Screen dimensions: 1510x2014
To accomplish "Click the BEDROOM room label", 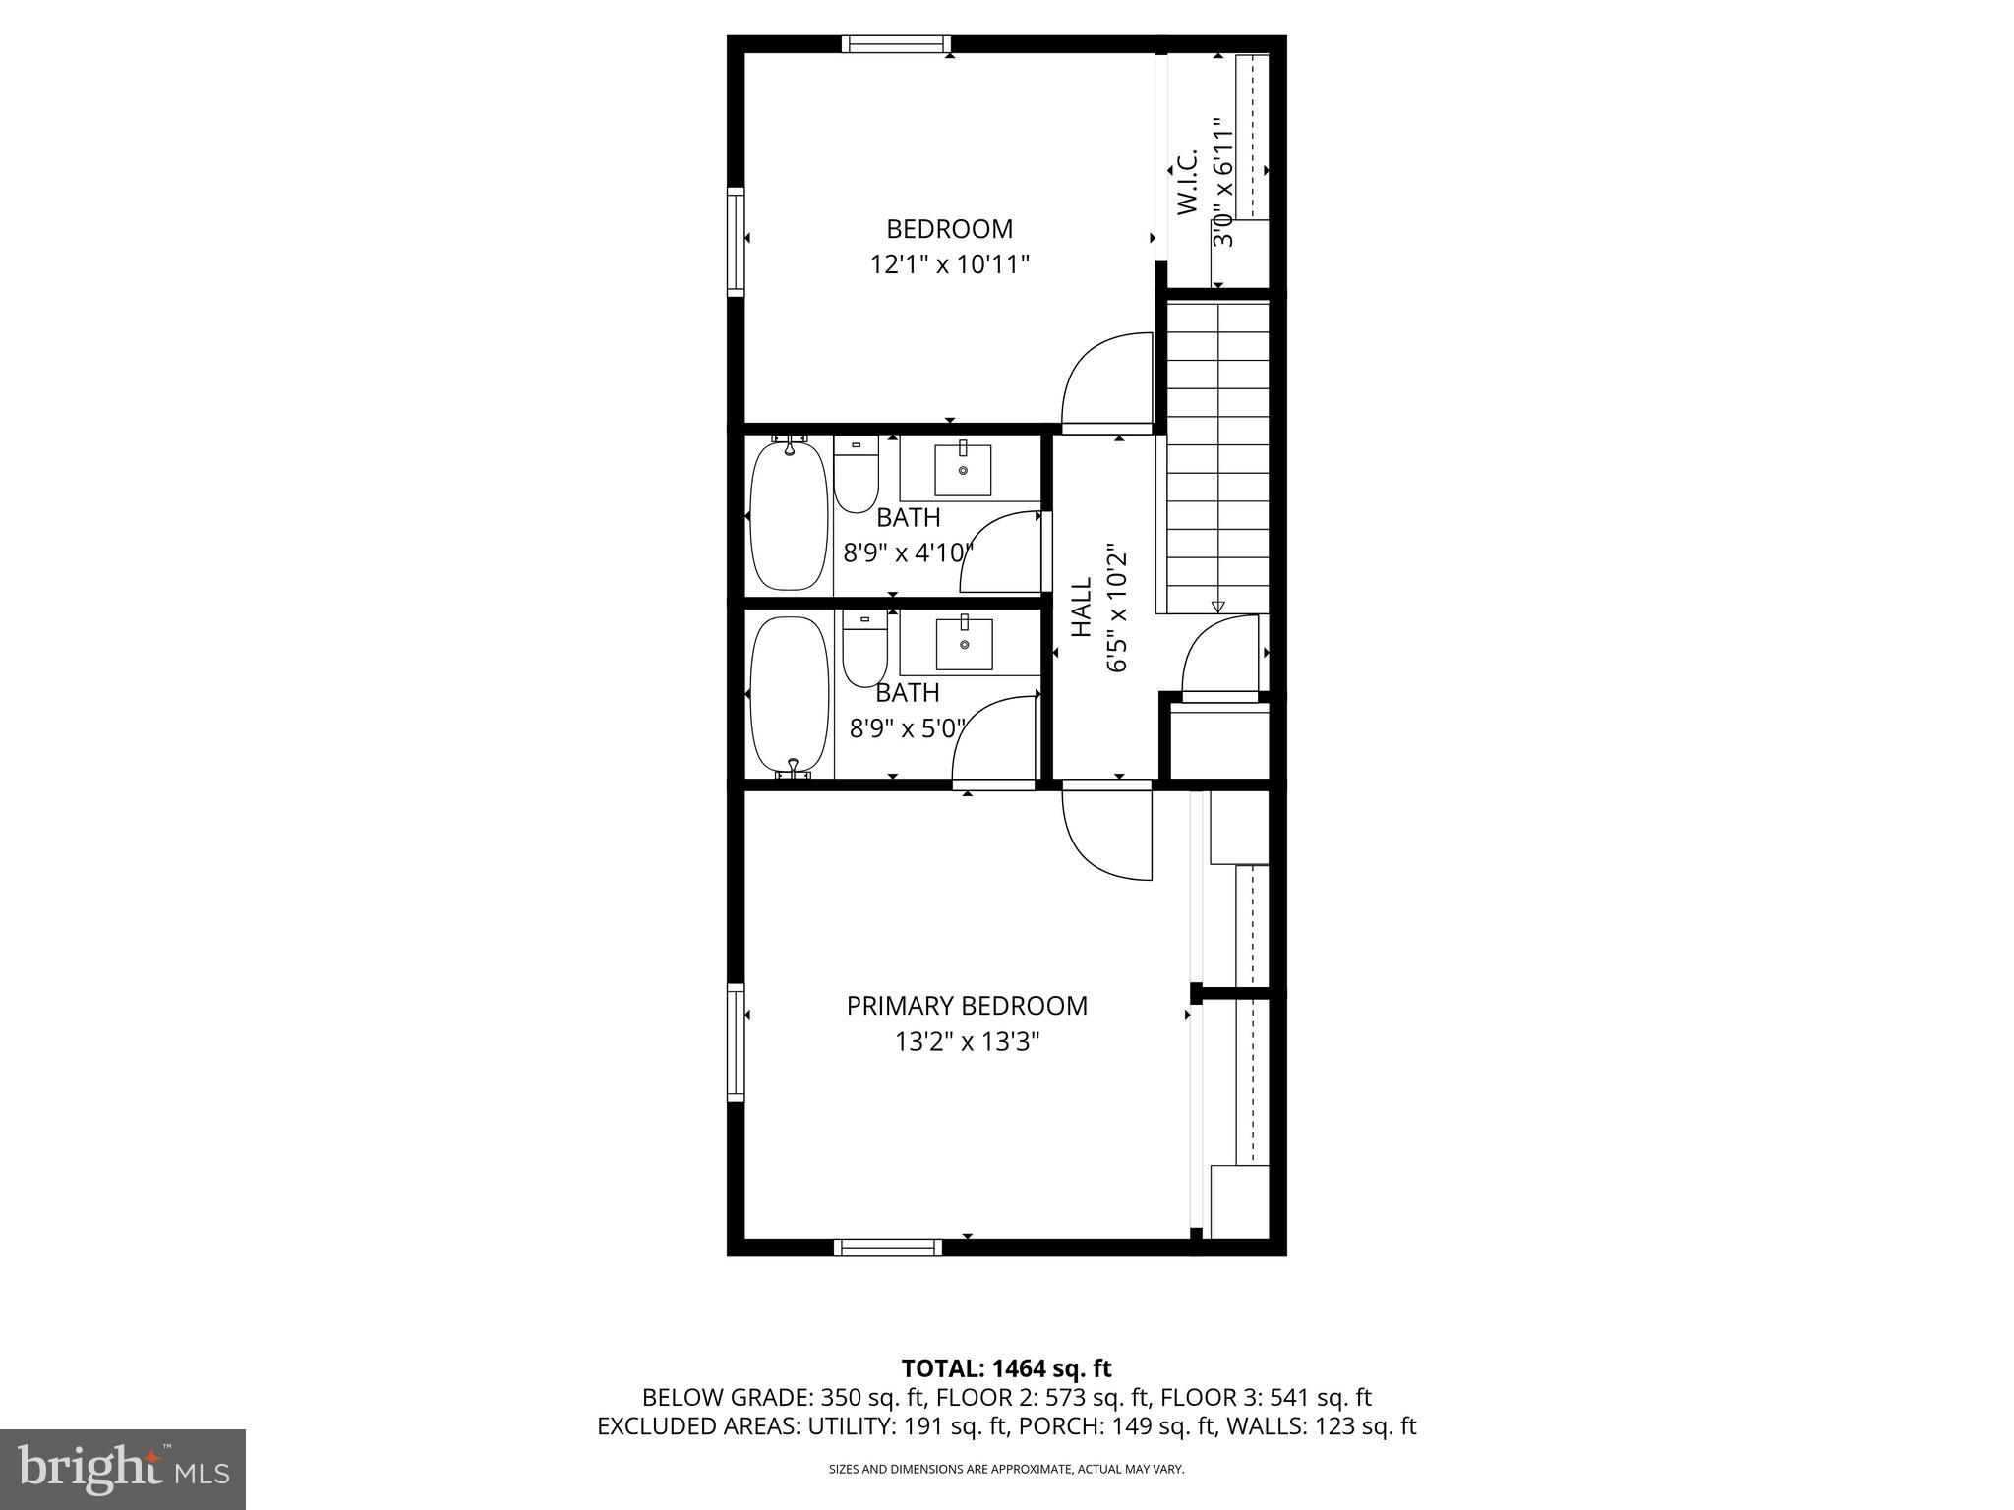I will pyautogui.click(x=949, y=229).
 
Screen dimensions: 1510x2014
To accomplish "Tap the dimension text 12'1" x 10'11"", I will pyautogui.click(x=949, y=264).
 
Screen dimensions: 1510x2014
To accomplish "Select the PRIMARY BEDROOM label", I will pyautogui.click(x=967, y=1006).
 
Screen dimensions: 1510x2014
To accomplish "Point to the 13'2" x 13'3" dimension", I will pyautogui.click(x=967, y=1041).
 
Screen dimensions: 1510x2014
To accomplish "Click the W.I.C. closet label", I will pyautogui.click(x=1188, y=182).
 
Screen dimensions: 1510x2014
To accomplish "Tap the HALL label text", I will pyautogui.click(x=1081, y=607).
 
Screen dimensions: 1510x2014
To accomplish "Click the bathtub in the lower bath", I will pyautogui.click(x=789, y=694).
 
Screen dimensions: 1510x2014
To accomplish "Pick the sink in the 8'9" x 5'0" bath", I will pyautogui.click(x=964, y=643).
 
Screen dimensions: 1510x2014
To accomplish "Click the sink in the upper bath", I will pyautogui.click(x=963, y=469).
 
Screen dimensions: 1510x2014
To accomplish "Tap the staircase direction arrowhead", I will pyautogui.click(x=1217, y=607).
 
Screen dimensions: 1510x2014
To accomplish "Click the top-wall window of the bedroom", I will pyautogui.click(x=896, y=43).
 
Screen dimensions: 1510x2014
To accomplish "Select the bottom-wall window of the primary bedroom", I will pyautogui.click(x=888, y=1248).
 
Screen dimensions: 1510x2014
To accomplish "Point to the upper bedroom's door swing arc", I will pyautogui.click(x=1106, y=378).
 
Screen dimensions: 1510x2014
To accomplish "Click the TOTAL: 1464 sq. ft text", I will pyautogui.click(x=1006, y=1367).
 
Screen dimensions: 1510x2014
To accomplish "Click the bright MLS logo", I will pyautogui.click(x=123, y=1470).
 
